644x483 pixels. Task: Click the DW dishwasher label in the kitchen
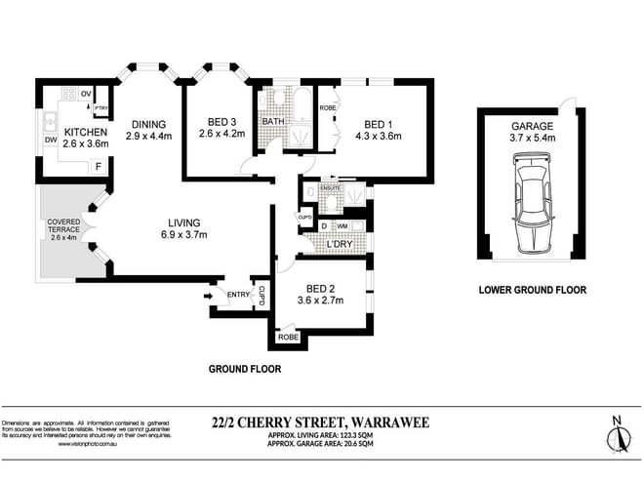tap(49, 140)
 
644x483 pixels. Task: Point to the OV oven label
tap(86, 93)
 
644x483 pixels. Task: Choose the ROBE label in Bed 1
tap(328, 108)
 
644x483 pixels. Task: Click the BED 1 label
tap(379, 124)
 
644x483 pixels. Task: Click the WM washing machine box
tap(342, 226)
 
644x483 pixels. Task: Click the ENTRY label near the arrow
tap(238, 294)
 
